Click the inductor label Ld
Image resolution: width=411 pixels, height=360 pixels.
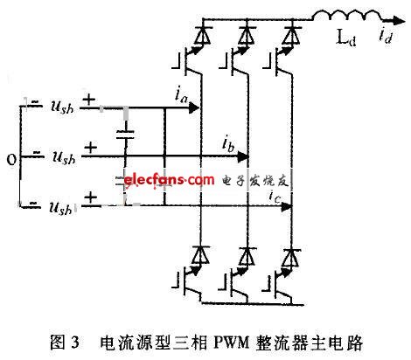tap(346, 38)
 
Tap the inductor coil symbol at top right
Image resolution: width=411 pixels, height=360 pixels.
tap(348, 15)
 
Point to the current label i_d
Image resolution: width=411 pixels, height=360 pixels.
tap(386, 36)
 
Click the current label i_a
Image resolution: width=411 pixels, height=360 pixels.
tap(181, 95)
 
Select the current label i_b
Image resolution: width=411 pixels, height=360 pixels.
tap(228, 144)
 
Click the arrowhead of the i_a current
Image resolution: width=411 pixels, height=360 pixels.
tap(194, 108)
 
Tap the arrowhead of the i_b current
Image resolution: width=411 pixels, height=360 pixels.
tap(243, 157)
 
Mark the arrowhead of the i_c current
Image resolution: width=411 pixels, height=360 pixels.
tap(287, 207)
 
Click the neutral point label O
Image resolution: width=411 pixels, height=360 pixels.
tap(11, 160)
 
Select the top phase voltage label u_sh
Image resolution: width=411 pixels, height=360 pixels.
tap(62, 107)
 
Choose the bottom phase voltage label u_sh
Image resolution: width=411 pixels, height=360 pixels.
tap(60, 208)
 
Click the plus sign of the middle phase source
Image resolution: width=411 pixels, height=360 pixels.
tap(91, 148)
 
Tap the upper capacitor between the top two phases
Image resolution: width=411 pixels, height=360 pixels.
tap(125, 135)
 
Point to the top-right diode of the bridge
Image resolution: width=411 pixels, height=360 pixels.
tap(292, 35)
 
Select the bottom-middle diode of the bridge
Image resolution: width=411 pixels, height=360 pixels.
tap(247, 256)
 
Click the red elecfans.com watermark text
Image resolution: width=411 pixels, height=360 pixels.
tap(169, 179)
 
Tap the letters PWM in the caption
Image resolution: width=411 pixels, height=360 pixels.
tap(232, 343)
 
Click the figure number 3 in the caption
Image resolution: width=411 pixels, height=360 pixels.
tap(75, 343)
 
